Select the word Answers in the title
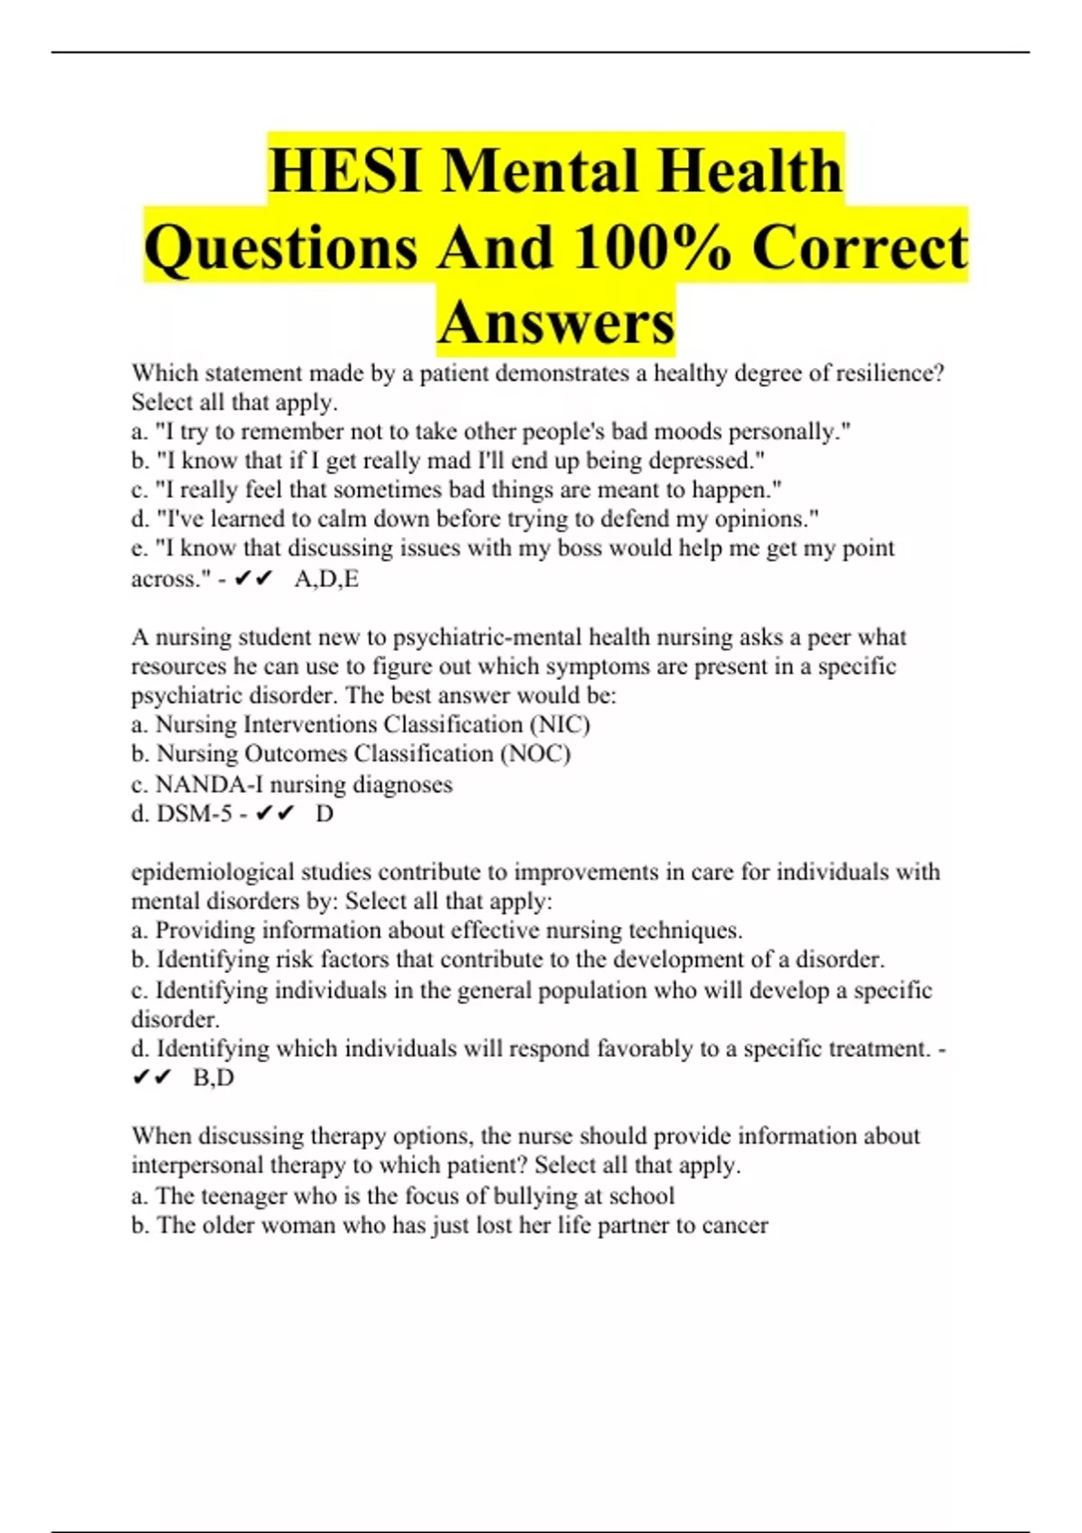point(556,322)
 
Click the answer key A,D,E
point(326,579)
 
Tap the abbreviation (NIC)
point(560,725)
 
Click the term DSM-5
point(194,814)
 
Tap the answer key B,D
point(214,1078)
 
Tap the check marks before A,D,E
point(252,579)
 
